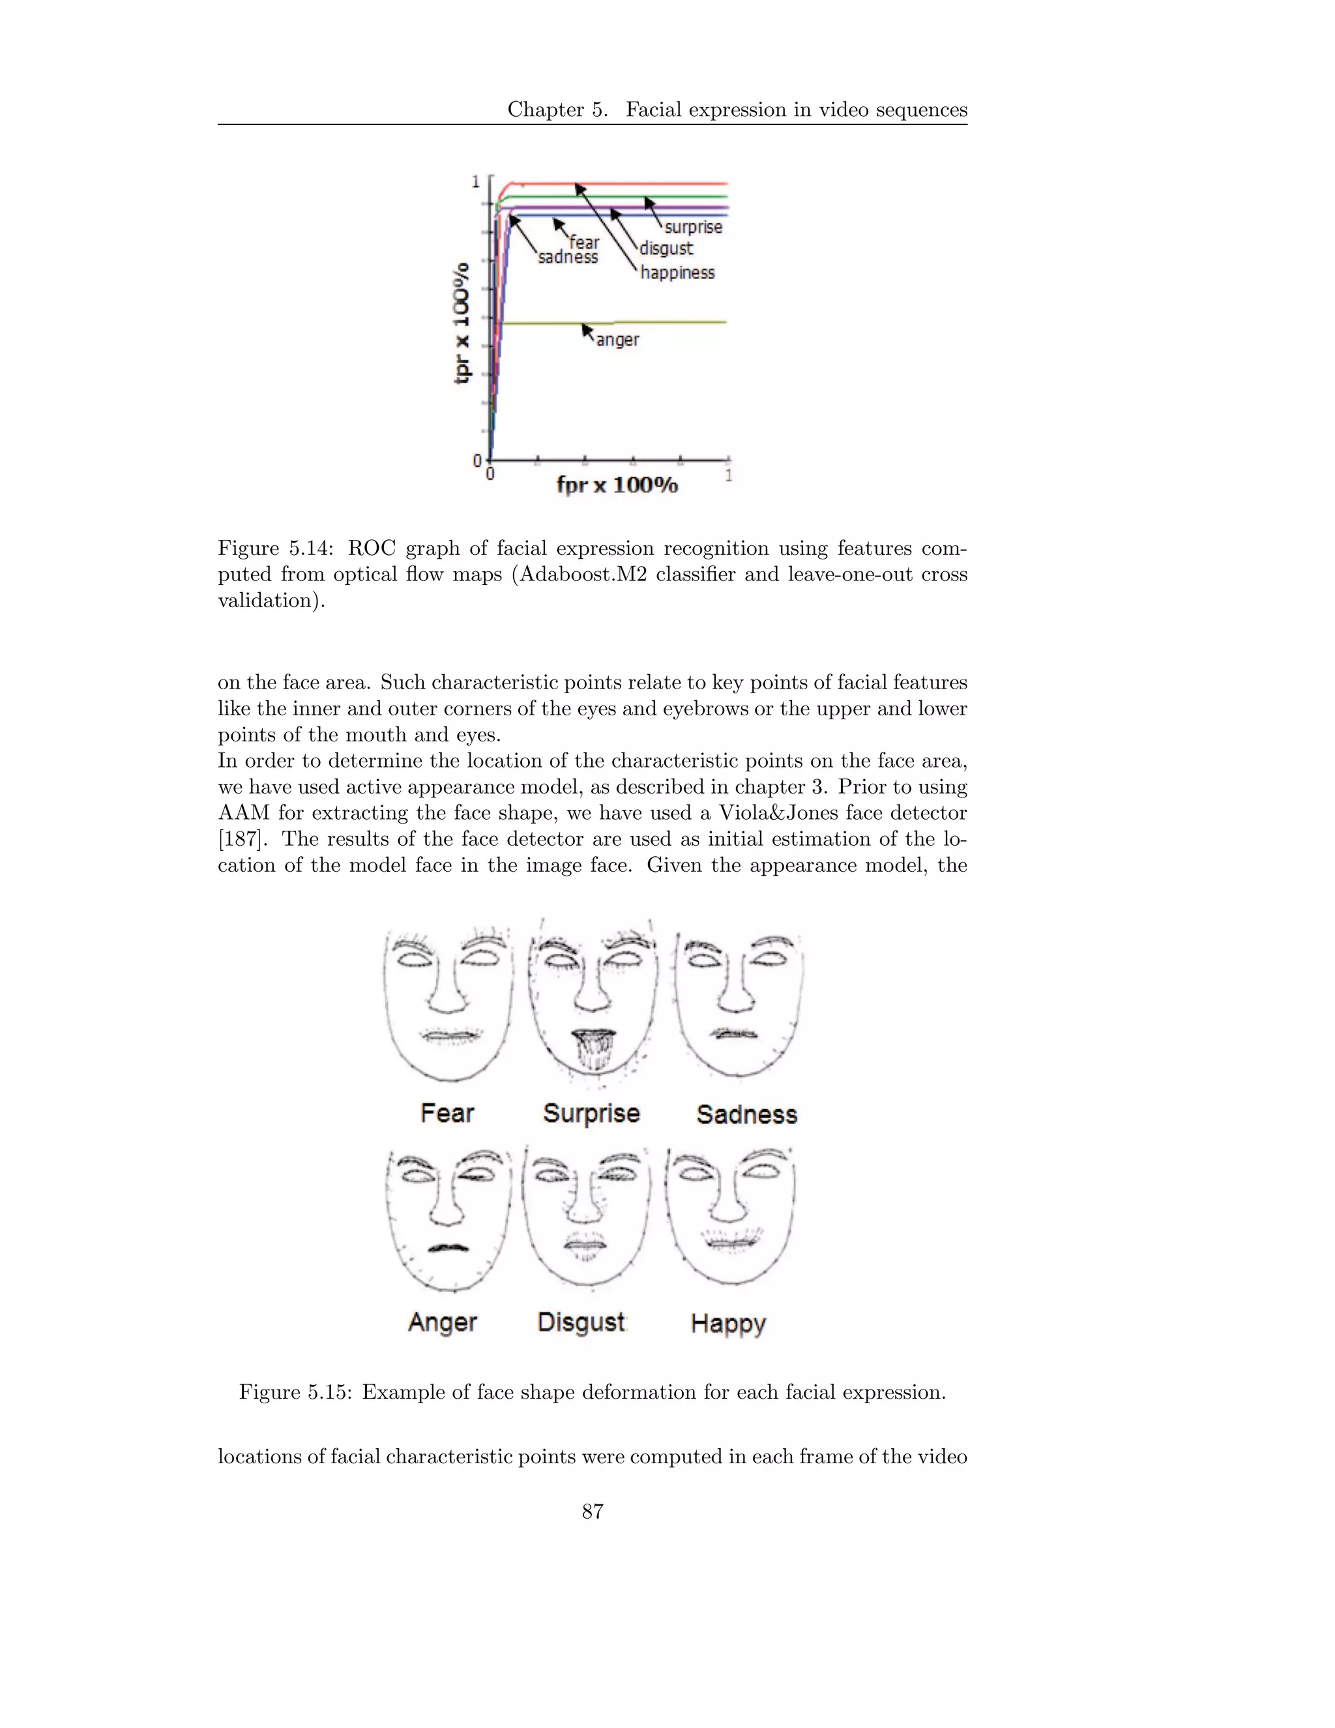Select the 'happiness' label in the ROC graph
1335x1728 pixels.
click(x=677, y=273)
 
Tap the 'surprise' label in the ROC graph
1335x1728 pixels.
click(x=693, y=227)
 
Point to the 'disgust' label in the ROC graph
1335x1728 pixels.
click(x=666, y=248)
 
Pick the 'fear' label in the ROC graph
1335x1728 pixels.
click(x=585, y=242)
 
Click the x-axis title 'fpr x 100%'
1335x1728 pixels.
click(x=617, y=485)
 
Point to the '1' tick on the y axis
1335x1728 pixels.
click(x=475, y=182)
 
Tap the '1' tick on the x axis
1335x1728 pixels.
click(x=728, y=475)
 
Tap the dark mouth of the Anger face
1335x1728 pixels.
click(x=448, y=1247)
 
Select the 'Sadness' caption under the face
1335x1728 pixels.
click(x=746, y=1115)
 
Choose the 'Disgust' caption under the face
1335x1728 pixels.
click(x=581, y=1322)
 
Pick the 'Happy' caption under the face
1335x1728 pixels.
click(x=727, y=1324)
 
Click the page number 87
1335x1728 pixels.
click(x=593, y=1512)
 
